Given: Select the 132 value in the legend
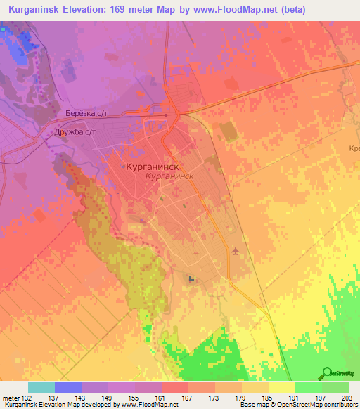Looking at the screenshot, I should coord(27,398).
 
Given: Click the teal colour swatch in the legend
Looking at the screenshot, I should coord(41,387).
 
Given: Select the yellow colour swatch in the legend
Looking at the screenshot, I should coord(281,387).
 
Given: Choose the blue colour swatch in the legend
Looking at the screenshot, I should coord(67,387).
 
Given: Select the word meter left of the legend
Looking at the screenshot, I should coord(11,398).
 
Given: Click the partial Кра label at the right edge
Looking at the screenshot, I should coord(354,148).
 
